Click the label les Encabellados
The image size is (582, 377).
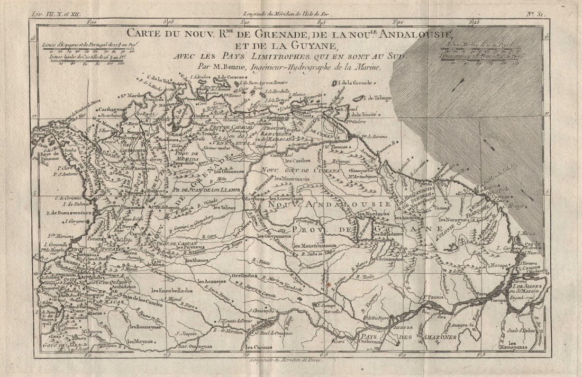[x=172, y=291]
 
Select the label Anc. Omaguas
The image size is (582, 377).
[x=194, y=347]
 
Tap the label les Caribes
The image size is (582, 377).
[x=298, y=160]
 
